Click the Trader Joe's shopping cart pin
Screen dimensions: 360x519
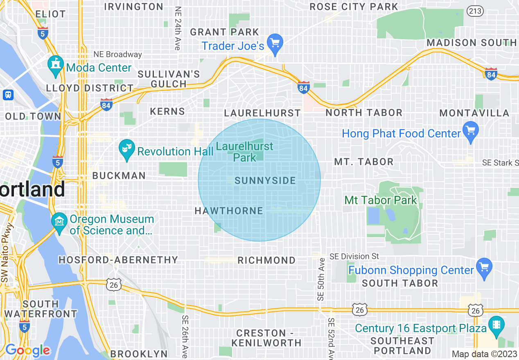click(x=275, y=43)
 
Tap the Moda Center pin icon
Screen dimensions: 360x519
click(x=55, y=65)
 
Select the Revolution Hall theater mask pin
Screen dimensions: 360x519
click(x=127, y=149)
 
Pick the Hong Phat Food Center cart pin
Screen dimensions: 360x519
click(x=470, y=131)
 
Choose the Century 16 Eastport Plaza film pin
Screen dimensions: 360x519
click(x=496, y=326)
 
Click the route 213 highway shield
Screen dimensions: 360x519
click(x=475, y=11)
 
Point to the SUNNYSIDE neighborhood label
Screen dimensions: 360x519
click(x=265, y=181)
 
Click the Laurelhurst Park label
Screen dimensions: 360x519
click(x=245, y=152)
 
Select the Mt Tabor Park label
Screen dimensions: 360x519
click(x=380, y=200)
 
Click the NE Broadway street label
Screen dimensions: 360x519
click(x=117, y=54)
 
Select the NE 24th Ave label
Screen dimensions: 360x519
click(x=177, y=28)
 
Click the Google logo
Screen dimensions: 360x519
click(x=27, y=350)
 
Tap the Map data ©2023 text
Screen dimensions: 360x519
click(x=484, y=354)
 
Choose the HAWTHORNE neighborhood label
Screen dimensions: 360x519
click(x=229, y=211)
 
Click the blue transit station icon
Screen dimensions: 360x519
click(x=8, y=95)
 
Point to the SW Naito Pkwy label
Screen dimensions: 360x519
click(x=7, y=254)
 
